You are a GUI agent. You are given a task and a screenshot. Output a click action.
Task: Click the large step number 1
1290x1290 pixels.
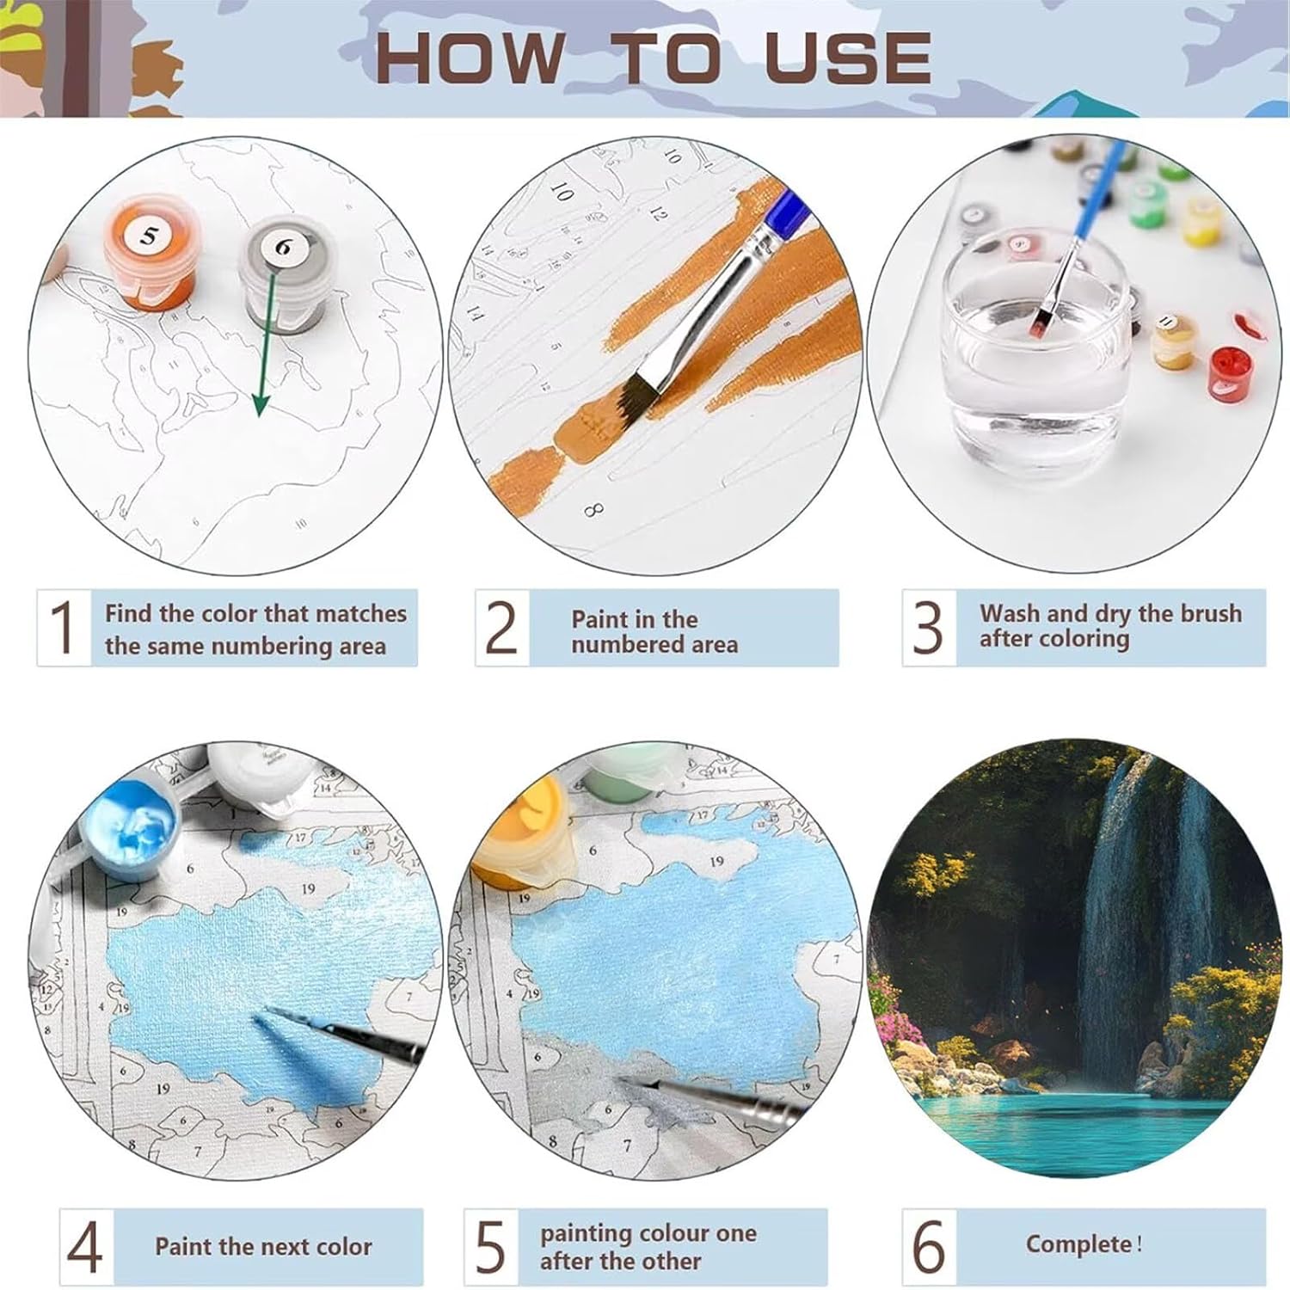64,628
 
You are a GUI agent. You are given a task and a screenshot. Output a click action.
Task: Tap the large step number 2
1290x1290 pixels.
501,628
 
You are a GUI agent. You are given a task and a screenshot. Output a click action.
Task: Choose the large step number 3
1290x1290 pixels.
928,628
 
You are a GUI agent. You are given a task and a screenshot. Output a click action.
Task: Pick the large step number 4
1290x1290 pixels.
84,1248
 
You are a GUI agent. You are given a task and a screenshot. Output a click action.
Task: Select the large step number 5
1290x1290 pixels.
490,1248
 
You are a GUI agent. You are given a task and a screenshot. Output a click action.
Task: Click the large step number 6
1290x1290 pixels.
929,1248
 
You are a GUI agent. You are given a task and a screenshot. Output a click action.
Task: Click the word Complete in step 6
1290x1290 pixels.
1078,1244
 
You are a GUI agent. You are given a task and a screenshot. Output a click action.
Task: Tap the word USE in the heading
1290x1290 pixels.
847,57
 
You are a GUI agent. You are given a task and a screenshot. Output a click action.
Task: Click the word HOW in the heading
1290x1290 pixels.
469,57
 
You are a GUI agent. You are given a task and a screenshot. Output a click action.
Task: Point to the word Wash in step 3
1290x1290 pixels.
1010,613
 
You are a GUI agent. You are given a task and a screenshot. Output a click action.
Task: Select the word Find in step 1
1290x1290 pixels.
129,613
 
